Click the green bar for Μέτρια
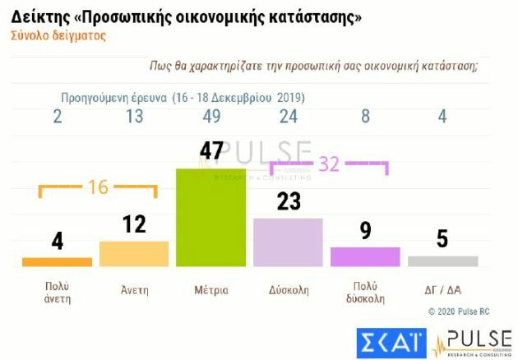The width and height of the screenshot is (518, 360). (211, 217)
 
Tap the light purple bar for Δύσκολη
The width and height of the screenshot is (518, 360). (288, 242)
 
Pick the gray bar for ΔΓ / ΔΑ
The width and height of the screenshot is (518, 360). (442, 261)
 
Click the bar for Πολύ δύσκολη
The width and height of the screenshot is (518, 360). (365, 256)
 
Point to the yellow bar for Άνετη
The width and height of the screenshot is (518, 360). (134, 254)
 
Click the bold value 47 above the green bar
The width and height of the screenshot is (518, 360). (211, 151)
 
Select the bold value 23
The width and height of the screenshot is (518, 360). (289, 201)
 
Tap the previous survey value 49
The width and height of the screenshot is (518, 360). (211, 117)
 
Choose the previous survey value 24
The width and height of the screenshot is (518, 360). (288, 117)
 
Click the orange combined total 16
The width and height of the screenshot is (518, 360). (98, 187)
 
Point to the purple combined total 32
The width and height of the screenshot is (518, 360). (328, 164)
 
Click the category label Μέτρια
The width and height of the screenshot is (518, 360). (211, 290)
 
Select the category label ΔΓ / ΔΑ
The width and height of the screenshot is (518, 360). (442, 290)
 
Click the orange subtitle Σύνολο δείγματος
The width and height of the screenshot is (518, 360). (58, 36)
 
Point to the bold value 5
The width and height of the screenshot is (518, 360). (442, 240)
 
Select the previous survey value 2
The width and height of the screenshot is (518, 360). (57, 117)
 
